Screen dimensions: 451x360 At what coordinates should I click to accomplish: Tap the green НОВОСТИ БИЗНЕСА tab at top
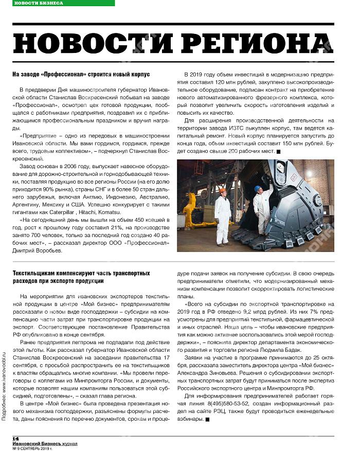[x=39, y=3]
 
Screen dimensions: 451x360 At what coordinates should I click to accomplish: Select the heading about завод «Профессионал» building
[x=81, y=75]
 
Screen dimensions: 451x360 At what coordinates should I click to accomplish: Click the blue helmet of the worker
[x=257, y=189]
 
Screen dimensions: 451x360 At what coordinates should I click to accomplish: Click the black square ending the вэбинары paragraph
[x=207, y=420]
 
